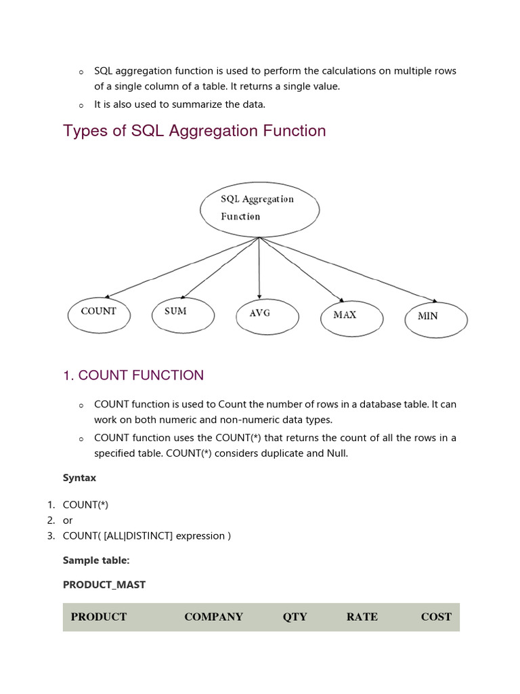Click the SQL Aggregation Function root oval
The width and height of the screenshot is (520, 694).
(259, 208)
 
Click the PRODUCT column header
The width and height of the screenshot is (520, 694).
(99, 617)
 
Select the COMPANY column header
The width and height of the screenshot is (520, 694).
(213, 617)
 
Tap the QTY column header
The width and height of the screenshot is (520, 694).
(295, 617)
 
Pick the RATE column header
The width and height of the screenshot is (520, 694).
(362, 617)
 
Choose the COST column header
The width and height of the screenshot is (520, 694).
(435, 617)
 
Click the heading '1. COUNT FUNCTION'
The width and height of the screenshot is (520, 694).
(133, 375)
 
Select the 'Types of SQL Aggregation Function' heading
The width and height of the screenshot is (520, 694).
(194, 131)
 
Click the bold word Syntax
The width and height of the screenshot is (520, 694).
(79, 478)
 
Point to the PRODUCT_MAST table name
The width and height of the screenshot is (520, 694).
(104, 584)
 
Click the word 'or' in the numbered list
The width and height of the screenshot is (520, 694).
(68, 520)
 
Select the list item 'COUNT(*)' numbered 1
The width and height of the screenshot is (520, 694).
(85, 505)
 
